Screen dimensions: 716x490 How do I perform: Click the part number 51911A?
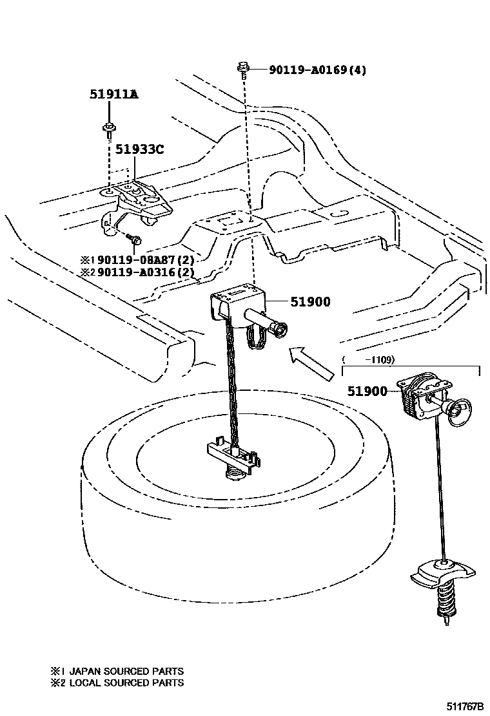[x=113, y=95]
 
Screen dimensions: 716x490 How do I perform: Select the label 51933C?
[x=139, y=150]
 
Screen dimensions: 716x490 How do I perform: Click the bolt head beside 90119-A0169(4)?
[x=244, y=67]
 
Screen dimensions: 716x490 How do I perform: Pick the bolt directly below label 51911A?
[x=109, y=130]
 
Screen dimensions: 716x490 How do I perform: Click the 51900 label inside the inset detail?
[x=367, y=391]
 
